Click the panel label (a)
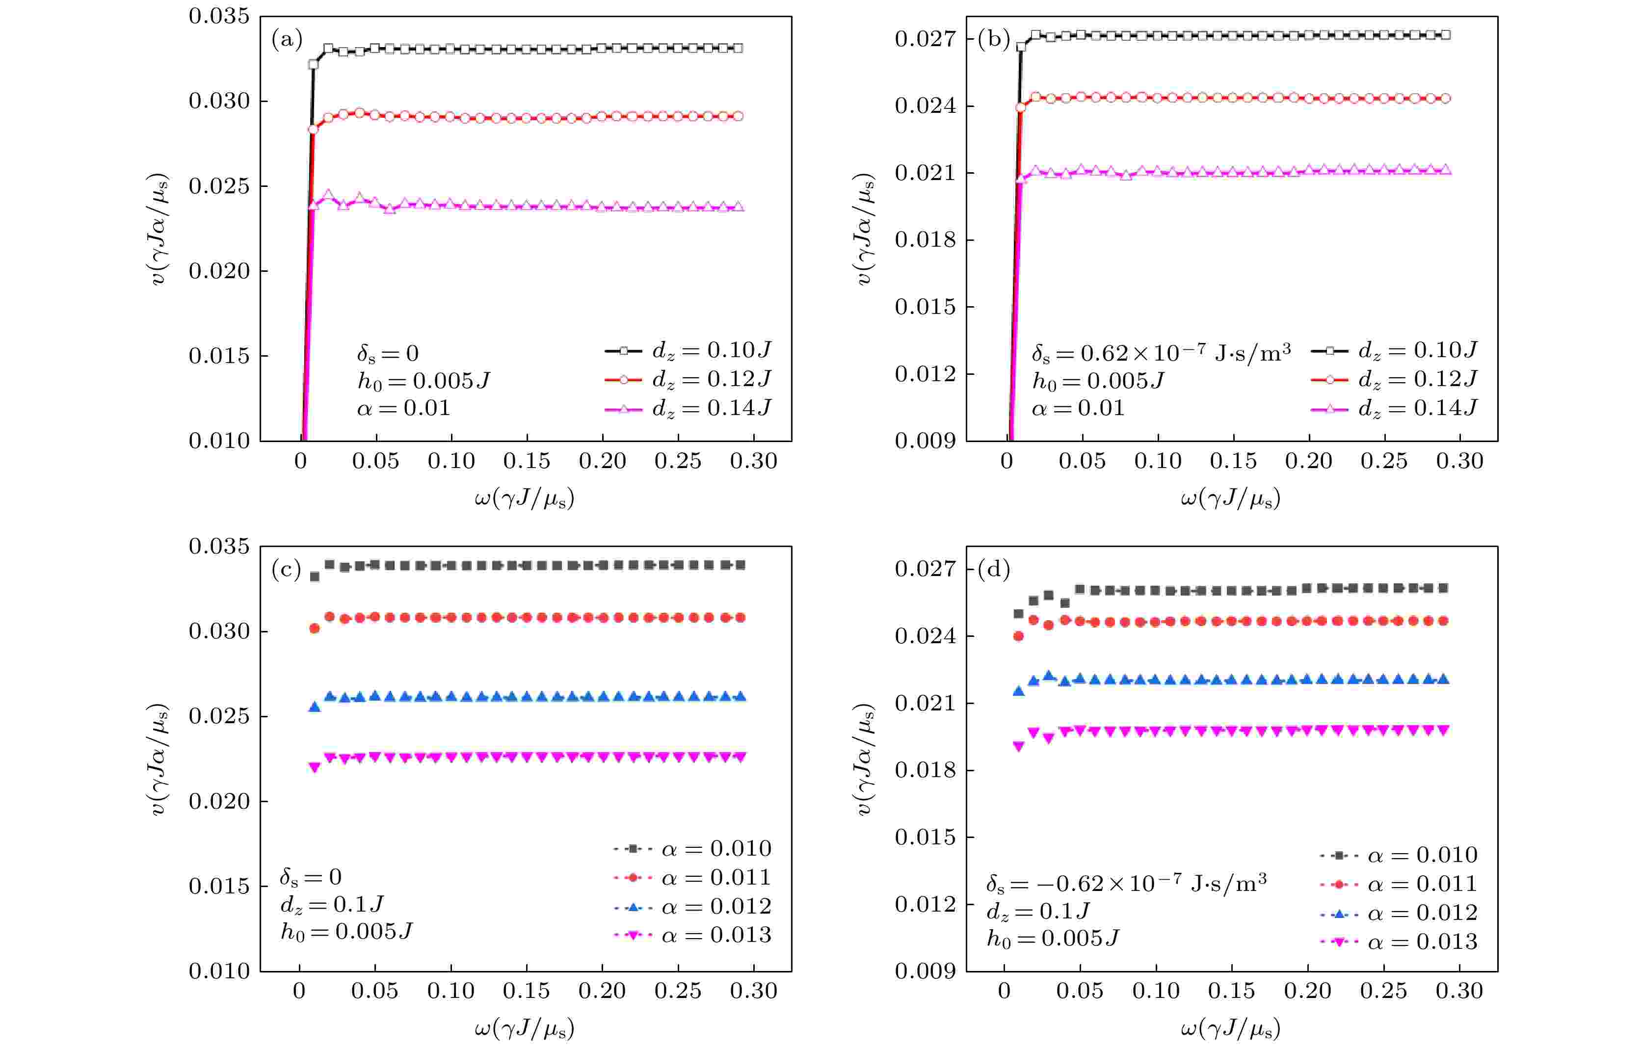pyautogui.click(x=287, y=40)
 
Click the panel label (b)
pyautogui.click(x=993, y=40)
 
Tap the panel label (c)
pyautogui.click(x=287, y=569)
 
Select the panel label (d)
pyautogui.click(x=993, y=569)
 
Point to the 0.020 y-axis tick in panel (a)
pyautogui.click(x=219, y=271)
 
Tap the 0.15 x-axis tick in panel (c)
pyautogui.click(x=526, y=991)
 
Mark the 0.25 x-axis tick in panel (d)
pyautogui.click(x=1383, y=991)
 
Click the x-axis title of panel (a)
pyautogui.click(x=525, y=499)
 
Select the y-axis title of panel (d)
pyautogui.click(x=864, y=759)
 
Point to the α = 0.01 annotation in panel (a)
pyautogui.click(x=404, y=408)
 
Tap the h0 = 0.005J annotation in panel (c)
pyautogui.click(x=347, y=931)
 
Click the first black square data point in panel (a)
pyautogui.click(x=313, y=65)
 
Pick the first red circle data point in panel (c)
pyautogui.click(x=315, y=628)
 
